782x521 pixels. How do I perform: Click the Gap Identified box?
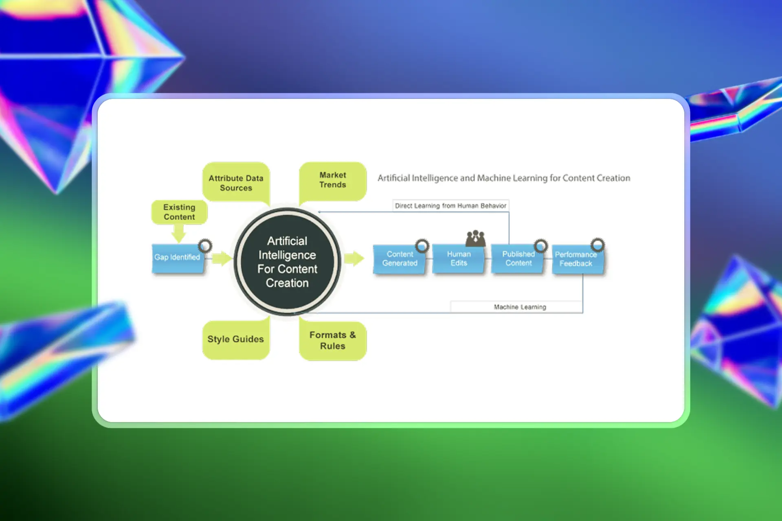(177, 258)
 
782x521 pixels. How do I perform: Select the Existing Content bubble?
(179, 212)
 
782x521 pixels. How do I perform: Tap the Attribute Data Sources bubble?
(236, 183)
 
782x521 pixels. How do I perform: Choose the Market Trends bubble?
(332, 180)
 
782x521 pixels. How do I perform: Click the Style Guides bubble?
(235, 339)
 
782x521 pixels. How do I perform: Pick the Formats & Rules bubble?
(332, 340)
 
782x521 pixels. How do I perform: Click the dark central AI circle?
(287, 262)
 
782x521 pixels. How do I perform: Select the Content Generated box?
(399, 259)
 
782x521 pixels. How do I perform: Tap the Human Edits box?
(458, 259)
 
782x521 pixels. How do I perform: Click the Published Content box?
(518, 259)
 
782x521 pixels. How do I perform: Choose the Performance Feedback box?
(577, 259)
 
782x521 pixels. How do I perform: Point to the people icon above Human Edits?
(475, 238)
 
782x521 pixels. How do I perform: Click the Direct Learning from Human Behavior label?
(450, 206)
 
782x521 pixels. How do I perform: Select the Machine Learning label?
(520, 307)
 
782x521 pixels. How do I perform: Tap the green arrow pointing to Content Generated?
(354, 258)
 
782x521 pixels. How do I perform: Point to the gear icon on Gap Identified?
(205, 246)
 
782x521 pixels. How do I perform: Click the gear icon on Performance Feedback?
(597, 245)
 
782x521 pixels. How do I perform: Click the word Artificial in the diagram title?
(393, 178)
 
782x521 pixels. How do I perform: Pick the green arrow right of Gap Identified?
(222, 258)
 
